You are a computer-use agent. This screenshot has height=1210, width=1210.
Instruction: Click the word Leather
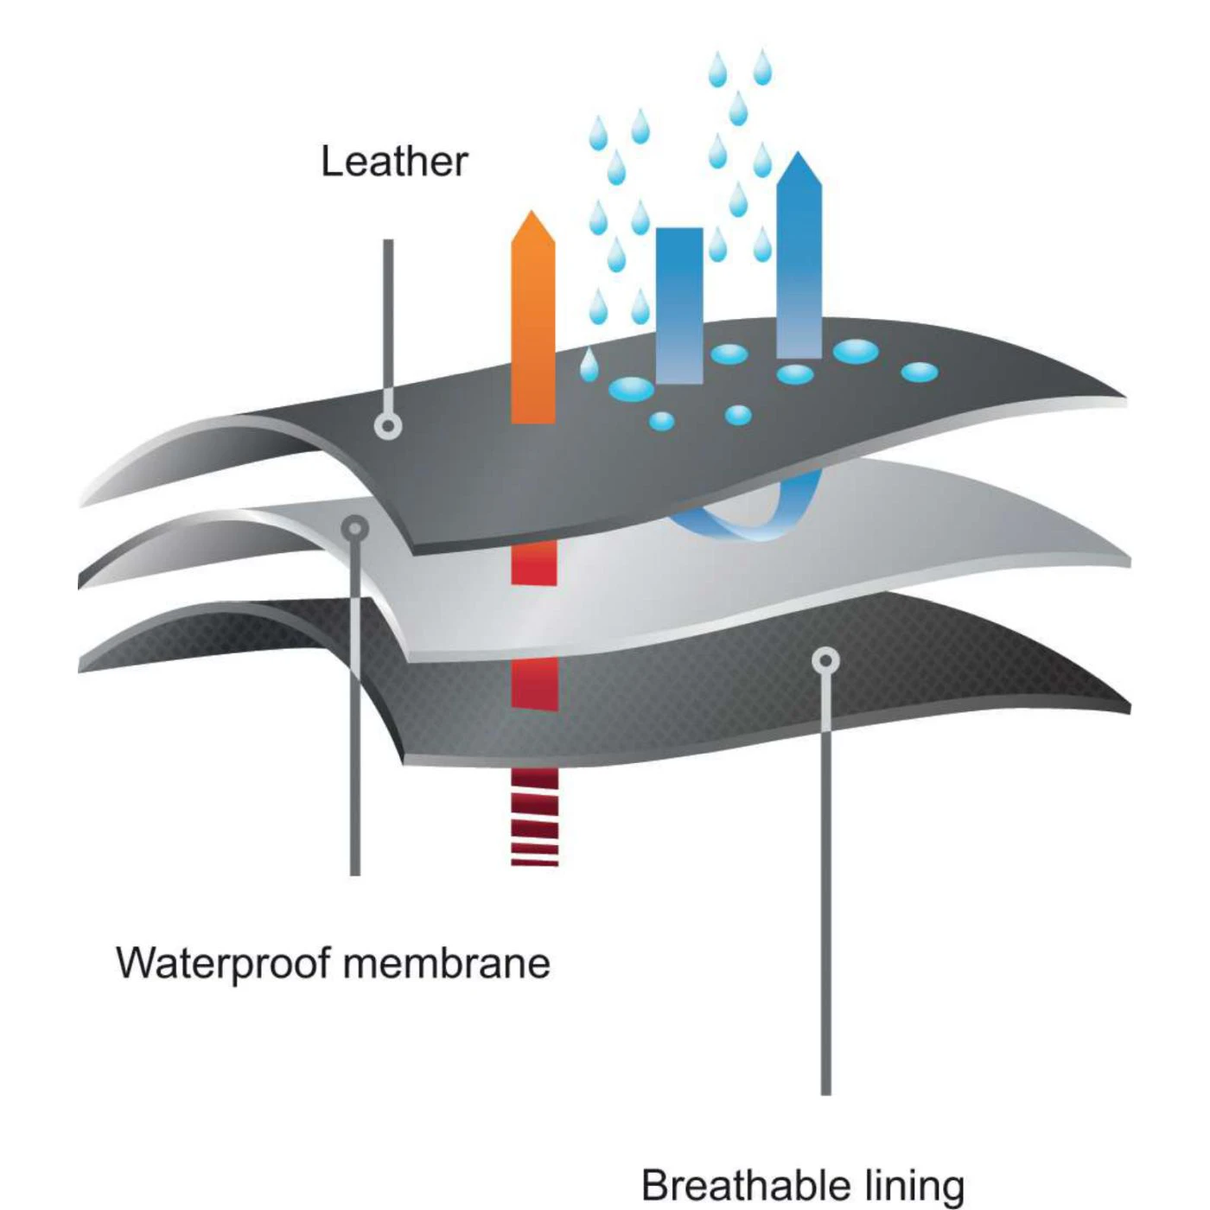tap(394, 162)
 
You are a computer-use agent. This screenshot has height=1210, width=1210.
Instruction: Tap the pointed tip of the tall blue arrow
tap(799, 156)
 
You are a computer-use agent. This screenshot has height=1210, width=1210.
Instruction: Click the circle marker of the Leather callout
tap(388, 426)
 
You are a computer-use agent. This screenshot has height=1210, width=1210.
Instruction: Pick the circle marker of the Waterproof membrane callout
tap(355, 528)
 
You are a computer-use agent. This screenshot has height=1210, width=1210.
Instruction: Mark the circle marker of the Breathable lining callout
tap(826, 661)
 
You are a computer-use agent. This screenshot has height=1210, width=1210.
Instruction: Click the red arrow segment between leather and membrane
tap(534, 564)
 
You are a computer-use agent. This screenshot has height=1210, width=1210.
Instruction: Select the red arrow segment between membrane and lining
tap(534, 683)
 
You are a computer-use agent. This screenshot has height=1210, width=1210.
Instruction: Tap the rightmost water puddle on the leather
tap(919, 372)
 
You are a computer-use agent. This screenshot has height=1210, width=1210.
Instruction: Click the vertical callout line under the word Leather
tap(388, 328)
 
